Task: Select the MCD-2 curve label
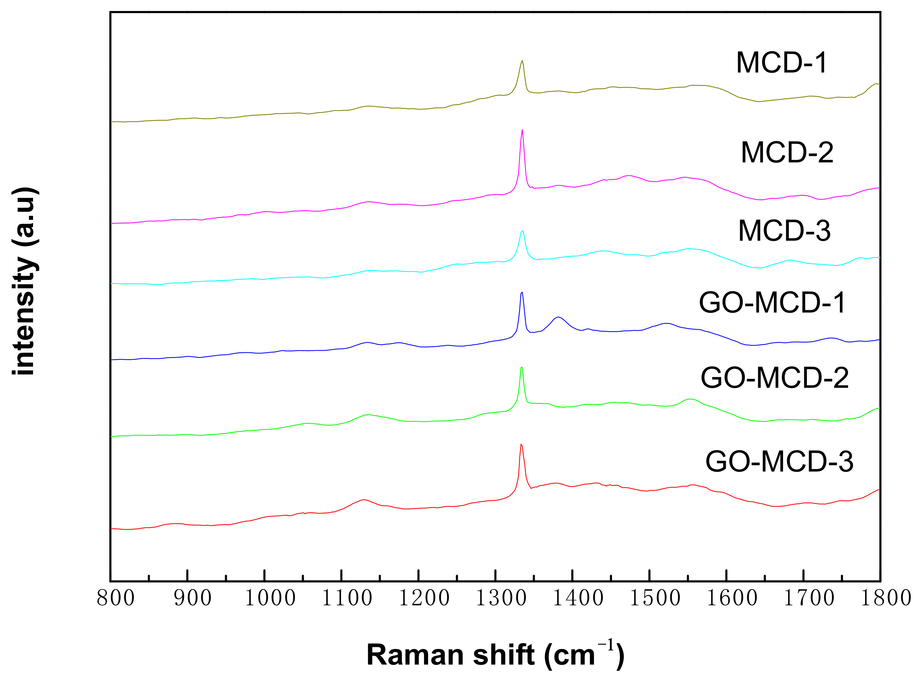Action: click(786, 153)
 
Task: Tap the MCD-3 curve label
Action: click(784, 230)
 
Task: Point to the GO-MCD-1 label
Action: click(772, 303)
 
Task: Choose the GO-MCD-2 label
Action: click(775, 378)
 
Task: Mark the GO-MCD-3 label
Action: click(779, 462)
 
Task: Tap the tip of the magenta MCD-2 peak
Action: click(522, 130)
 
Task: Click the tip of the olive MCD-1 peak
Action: click(522, 61)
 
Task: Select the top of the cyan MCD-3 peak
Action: click(522, 231)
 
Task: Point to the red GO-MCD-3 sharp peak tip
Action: click(521, 445)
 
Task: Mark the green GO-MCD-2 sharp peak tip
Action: click(521, 368)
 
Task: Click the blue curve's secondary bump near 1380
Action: click(559, 317)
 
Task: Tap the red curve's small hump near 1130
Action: click(364, 500)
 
